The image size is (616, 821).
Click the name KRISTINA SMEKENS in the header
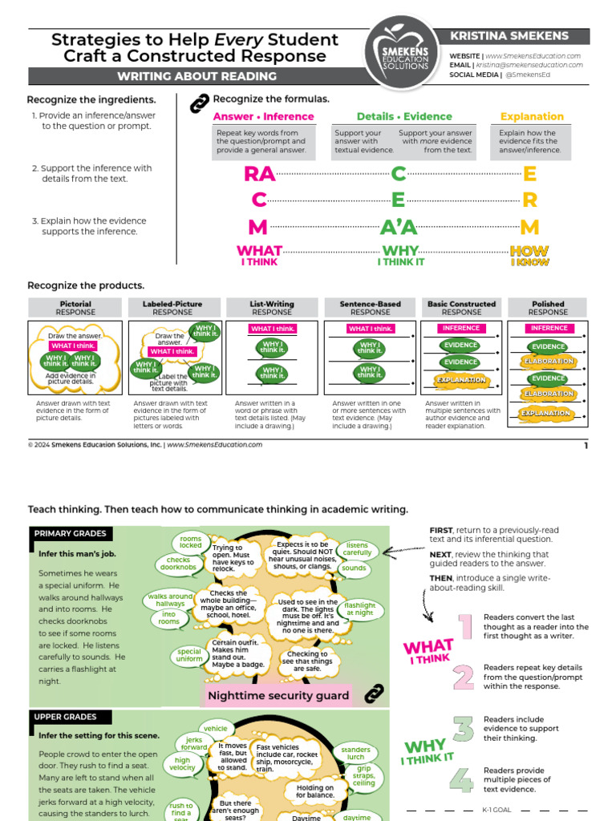(509, 36)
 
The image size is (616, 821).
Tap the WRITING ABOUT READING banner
(197, 76)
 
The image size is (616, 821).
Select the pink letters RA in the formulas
(259, 174)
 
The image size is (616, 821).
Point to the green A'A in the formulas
(399, 227)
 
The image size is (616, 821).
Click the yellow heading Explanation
(532, 116)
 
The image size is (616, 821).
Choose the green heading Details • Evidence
(404, 116)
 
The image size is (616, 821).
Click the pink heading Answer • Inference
(263, 116)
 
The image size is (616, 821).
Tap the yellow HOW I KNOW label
(529, 255)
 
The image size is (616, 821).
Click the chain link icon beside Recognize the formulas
(197, 103)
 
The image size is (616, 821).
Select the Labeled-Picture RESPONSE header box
(172, 308)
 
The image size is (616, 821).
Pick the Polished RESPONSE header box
(548, 308)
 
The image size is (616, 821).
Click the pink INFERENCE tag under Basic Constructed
(461, 328)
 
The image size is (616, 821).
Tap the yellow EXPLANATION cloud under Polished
(548, 414)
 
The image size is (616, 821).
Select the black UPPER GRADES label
(65, 717)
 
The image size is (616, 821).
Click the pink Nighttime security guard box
(278, 695)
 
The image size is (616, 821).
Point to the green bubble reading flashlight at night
(359, 608)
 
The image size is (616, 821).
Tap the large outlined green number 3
(464, 729)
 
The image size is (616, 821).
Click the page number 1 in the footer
(586, 445)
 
